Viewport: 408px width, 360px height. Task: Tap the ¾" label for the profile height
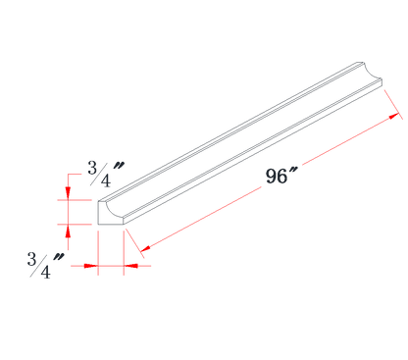pos(104,173)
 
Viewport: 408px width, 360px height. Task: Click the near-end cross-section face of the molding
pos(106,215)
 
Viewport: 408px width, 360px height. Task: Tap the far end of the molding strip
pos(369,74)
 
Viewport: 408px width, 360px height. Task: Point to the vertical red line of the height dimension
pos(67,211)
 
